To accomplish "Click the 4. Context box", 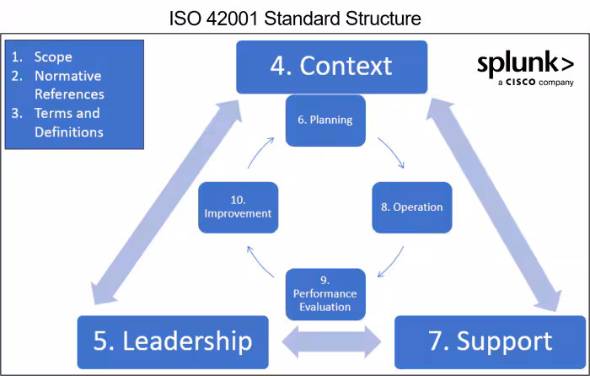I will coord(331,66).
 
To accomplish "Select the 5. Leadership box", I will coord(173,341).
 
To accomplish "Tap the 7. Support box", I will coord(490,341).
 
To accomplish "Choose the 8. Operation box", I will coord(406,207).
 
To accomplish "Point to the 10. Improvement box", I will coord(237,207).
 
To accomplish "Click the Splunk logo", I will coord(525,65).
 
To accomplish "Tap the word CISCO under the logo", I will coord(523,83).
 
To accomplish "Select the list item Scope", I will coord(53,57).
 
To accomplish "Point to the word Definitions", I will coord(69,132).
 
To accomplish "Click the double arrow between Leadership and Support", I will coord(331,341).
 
